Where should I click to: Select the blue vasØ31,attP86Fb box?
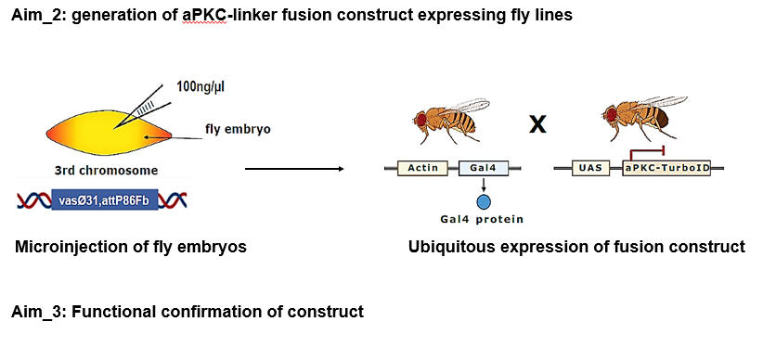click(x=105, y=199)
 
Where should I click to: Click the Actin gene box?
click(x=422, y=168)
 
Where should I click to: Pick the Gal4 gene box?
click(x=484, y=168)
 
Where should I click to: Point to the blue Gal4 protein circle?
click(x=484, y=201)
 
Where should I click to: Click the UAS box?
click(x=591, y=168)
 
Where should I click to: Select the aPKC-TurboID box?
click(x=666, y=168)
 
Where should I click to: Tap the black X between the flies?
click(x=537, y=124)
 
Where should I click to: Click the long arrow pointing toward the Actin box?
click(x=294, y=169)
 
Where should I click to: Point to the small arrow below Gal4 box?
click(x=484, y=184)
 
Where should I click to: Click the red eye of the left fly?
click(x=420, y=118)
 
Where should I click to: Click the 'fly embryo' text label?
click(x=238, y=130)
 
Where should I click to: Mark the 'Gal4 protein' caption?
click(x=482, y=219)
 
